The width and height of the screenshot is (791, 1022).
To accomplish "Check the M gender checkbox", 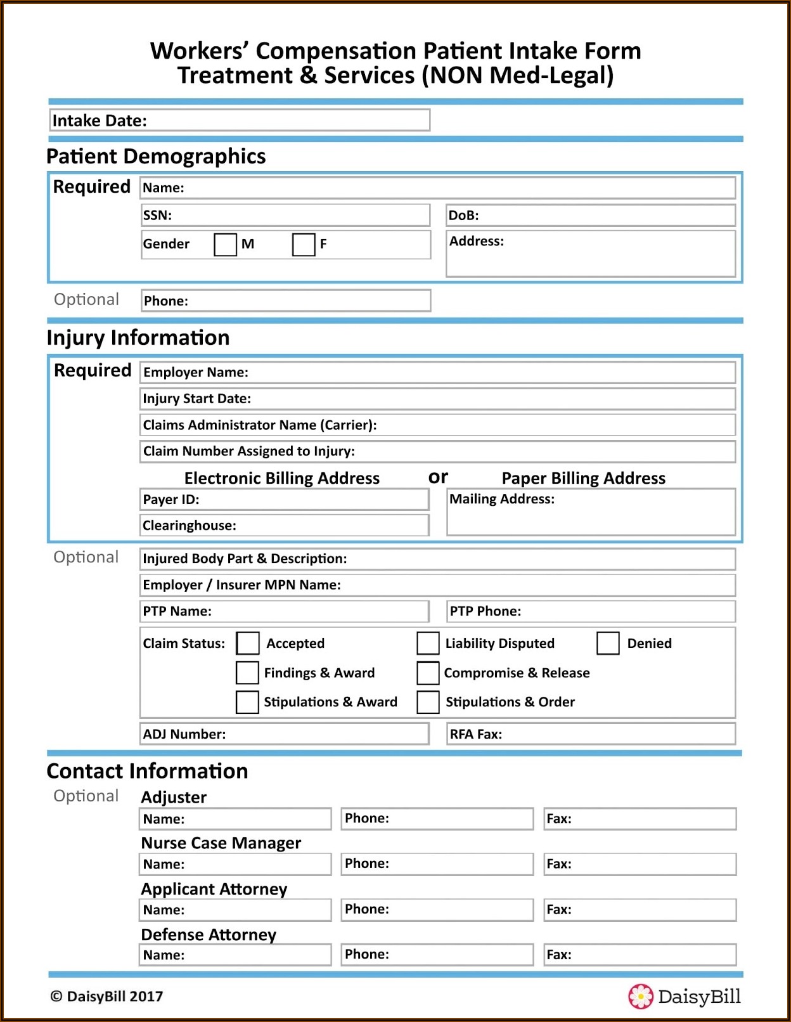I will pyautogui.click(x=225, y=244).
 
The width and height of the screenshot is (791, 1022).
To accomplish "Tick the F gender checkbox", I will pyautogui.click(x=304, y=244).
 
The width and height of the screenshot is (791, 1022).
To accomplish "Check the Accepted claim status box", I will pyautogui.click(x=247, y=643).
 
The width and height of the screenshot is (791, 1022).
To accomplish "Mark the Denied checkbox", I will pyautogui.click(x=608, y=643).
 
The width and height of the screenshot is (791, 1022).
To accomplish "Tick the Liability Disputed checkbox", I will pyautogui.click(x=428, y=643).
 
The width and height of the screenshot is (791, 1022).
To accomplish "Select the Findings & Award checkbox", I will pyautogui.click(x=247, y=673).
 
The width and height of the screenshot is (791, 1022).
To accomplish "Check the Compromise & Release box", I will pyautogui.click(x=428, y=673).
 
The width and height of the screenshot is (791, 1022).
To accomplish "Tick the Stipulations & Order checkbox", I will pyautogui.click(x=428, y=702).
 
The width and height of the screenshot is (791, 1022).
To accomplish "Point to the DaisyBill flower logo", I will pyautogui.click(x=640, y=996).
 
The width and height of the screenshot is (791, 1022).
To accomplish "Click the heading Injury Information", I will pyautogui.click(x=138, y=338).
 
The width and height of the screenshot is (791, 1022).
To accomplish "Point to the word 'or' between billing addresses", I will pyautogui.click(x=438, y=477).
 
